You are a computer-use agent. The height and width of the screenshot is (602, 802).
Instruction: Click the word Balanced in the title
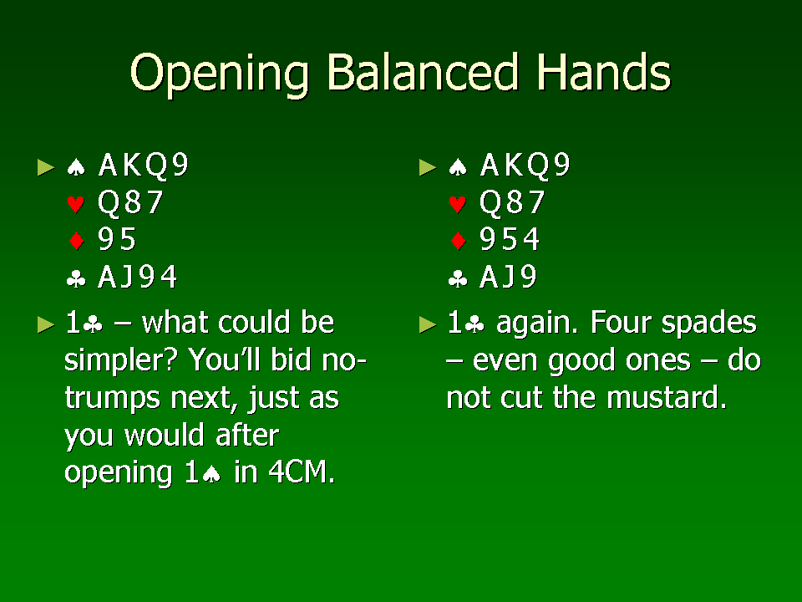tap(421, 72)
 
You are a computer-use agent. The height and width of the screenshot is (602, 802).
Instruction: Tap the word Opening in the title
tap(220, 74)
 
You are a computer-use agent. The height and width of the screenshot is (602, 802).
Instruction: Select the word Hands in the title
tap(603, 72)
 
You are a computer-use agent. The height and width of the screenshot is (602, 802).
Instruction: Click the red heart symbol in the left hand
tap(76, 204)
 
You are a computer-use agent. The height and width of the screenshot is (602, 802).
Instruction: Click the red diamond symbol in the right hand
tap(458, 241)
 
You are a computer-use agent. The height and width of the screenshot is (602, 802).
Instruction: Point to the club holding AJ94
tap(138, 277)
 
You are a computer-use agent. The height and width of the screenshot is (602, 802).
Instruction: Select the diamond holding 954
tap(510, 240)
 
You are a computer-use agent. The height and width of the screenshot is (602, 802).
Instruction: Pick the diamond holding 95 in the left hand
tap(117, 240)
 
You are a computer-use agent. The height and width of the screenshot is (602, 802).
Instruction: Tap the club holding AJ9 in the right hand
tap(508, 277)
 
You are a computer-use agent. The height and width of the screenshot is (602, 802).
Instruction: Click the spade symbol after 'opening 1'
tap(211, 475)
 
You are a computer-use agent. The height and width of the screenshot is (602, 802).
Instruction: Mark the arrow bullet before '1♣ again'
tap(428, 324)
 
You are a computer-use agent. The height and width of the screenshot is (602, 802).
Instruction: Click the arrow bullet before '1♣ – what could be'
tap(46, 324)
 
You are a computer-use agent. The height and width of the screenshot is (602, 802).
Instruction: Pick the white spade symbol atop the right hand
tap(458, 167)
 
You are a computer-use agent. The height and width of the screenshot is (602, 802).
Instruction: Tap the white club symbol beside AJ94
tap(76, 279)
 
